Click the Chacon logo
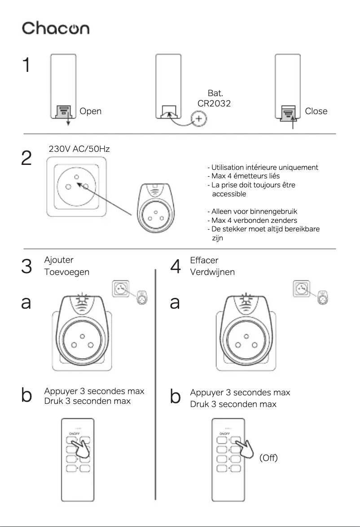tap(56, 28)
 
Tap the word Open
tap(90, 111)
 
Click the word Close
tap(316, 111)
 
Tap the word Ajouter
tap(59, 260)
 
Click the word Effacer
tap(205, 261)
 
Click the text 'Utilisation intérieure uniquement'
tap(263, 168)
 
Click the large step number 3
tap(26, 266)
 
